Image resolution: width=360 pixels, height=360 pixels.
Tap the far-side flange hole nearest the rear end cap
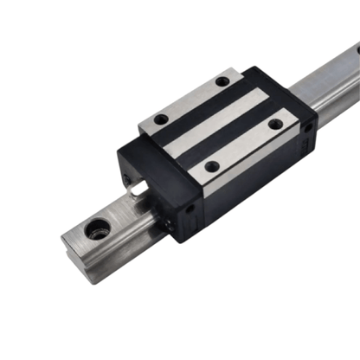click(x=222, y=81)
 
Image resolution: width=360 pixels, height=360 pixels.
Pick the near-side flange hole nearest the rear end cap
click(x=275, y=124)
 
